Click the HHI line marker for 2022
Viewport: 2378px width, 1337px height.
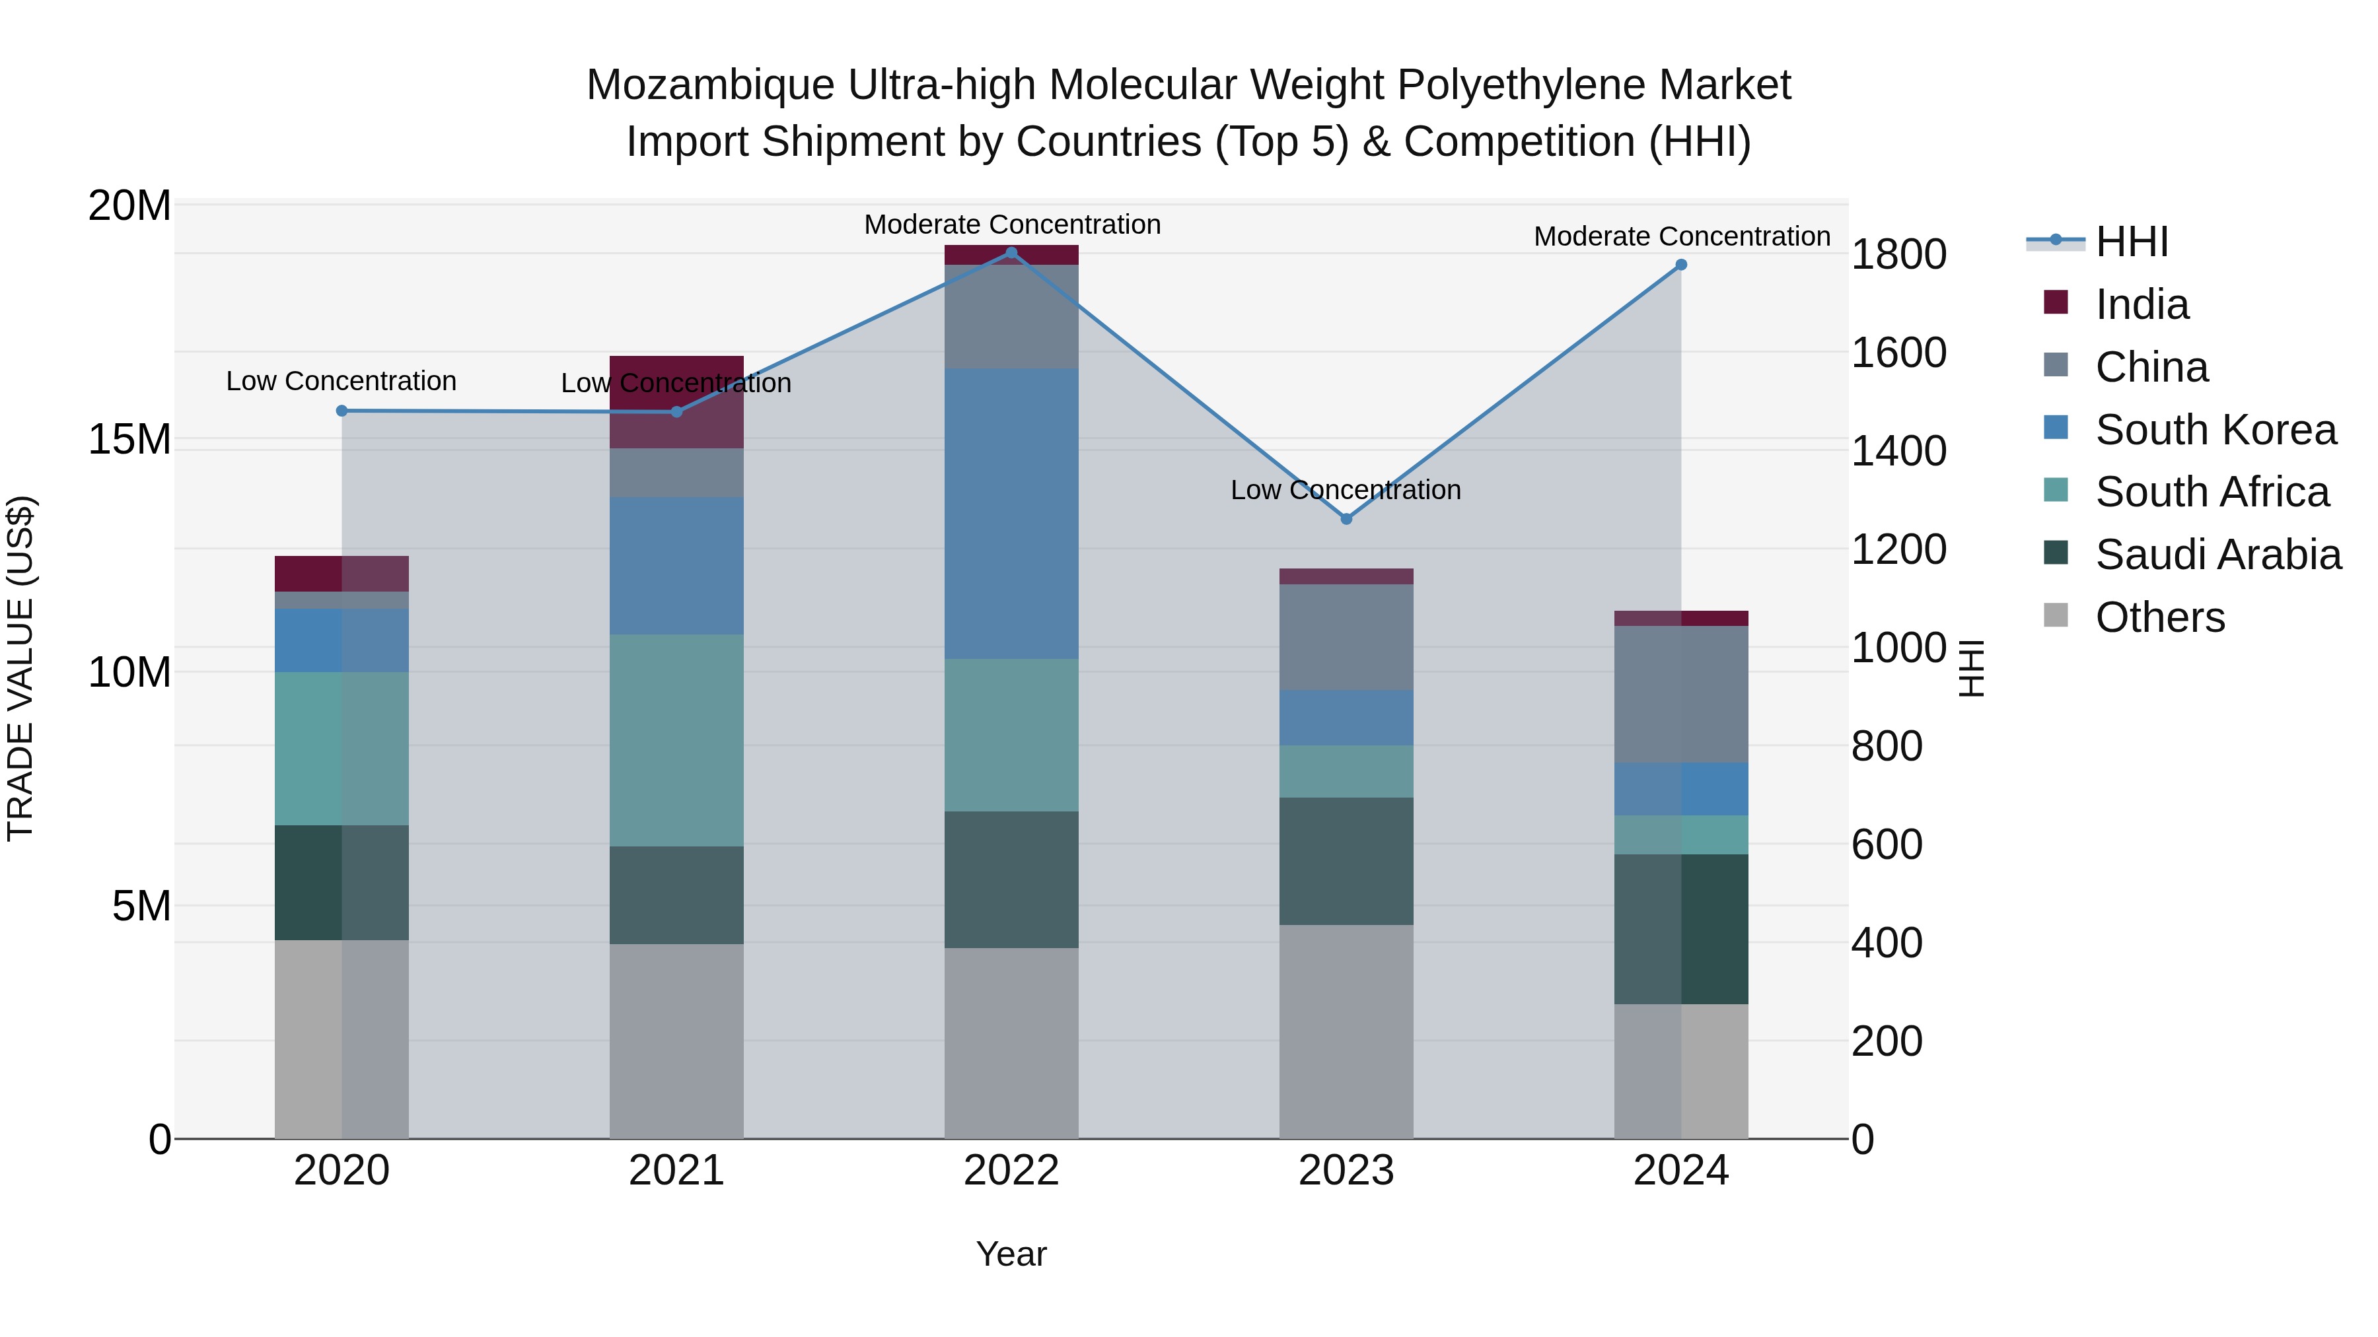(x=1011, y=253)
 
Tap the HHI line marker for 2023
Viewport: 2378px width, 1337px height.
(x=1346, y=518)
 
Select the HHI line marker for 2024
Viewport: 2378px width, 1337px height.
(x=1681, y=265)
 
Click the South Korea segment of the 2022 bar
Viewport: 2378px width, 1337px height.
(x=1011, y=513)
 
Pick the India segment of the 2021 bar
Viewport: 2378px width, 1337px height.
(x=676, y=402)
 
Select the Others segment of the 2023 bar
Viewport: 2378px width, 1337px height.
(x=1346, y=1031)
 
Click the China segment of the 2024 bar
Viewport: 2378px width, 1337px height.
(x=1681, y=694)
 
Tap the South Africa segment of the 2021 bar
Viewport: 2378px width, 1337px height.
(x=676, y=740)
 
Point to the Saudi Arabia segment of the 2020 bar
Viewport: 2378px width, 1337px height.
(x=342, y=882)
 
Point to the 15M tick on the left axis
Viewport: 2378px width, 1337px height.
(x=129, y=439)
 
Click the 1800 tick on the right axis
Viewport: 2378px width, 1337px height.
(x=1899, y=255)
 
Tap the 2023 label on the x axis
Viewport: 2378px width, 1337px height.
(x=1346, y=1171)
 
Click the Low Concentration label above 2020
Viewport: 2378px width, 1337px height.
(x=342, y=381)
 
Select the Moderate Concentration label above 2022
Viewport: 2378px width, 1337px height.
(x=1012, y=224)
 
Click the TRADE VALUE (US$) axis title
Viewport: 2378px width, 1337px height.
(x=20, y=668)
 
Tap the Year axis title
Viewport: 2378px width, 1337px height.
(x=1011, y=1254)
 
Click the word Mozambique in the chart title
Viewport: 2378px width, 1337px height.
(x=711, y=85)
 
